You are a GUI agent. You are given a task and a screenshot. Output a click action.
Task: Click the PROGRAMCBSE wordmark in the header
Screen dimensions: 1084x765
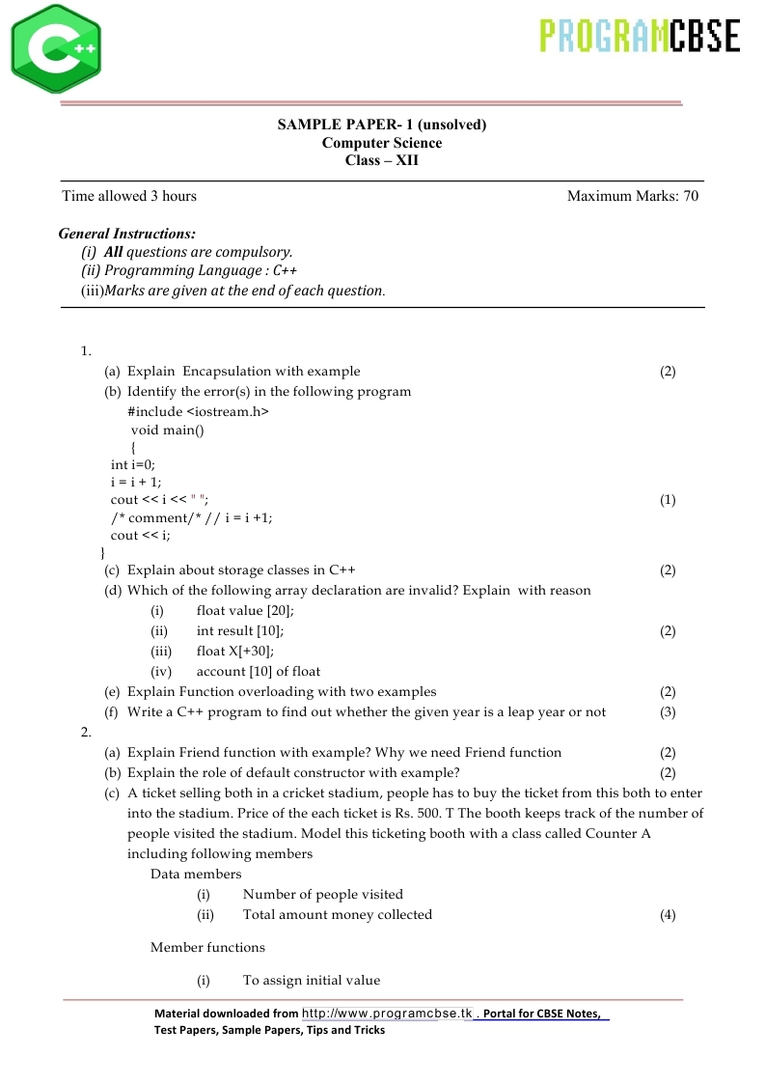point(640,36)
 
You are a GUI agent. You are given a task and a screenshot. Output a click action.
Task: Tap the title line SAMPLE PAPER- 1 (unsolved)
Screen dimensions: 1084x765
point(382,125)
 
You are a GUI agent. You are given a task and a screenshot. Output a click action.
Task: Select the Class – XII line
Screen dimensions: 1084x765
point(382,160)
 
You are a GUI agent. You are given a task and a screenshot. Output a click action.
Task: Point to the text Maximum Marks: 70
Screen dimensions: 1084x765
point(633,196)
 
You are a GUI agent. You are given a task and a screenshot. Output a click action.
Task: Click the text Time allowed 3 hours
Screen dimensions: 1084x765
point(129,196)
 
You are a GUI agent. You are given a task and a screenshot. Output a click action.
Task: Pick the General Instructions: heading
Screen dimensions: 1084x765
point(127,234)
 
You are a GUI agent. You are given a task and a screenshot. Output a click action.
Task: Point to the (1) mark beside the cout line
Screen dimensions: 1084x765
point(668,500)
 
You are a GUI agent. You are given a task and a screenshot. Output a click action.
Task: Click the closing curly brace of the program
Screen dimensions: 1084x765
point(103,553)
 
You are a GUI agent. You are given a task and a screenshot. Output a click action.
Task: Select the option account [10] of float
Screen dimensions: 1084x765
point(259,671)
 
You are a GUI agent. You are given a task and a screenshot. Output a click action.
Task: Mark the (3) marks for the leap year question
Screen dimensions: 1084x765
point(668,712)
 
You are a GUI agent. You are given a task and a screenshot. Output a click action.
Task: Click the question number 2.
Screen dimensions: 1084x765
point(86,732)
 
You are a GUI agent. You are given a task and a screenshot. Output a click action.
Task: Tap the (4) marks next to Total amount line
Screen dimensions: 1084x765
point(668,915)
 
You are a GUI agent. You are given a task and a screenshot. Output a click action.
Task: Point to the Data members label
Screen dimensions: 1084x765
point(196,874)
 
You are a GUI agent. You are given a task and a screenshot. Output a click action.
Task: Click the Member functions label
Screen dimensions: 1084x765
point(207,947)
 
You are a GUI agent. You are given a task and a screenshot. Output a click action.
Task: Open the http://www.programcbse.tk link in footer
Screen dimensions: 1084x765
point(387,1014)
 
